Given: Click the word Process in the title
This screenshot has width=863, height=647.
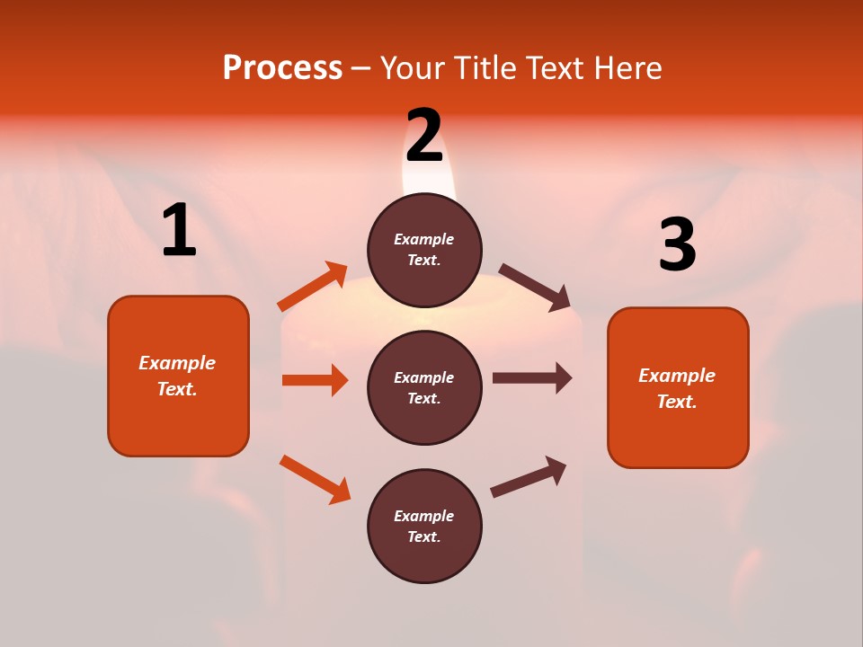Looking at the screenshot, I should pos(282,68).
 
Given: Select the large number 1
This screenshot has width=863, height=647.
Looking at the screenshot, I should pos(179,231).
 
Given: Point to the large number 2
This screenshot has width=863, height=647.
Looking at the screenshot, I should pos(424,136).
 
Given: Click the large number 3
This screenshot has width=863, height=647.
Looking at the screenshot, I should pos(677,245).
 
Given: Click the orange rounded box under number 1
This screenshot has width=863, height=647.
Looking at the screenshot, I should pos(178,376).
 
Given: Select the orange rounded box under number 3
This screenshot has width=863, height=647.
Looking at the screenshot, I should pos(678,387).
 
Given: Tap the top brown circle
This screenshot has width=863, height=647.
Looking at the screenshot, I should pos(424,250).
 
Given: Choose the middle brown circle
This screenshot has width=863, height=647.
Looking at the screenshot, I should pos(424,387).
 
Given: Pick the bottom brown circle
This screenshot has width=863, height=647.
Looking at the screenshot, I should pos(424,526).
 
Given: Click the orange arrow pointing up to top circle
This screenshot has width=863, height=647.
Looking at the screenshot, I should pos(313,287).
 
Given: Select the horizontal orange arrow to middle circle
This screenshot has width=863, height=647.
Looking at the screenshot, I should pos(315,380).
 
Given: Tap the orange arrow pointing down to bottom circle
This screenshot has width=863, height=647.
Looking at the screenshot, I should pos(315,479).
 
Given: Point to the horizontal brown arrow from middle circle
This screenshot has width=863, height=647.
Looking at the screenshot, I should pos(532,377).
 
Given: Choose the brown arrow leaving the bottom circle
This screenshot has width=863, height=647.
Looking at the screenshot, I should pos(529,477).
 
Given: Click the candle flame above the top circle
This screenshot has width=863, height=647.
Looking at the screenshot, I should pos(430,180).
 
